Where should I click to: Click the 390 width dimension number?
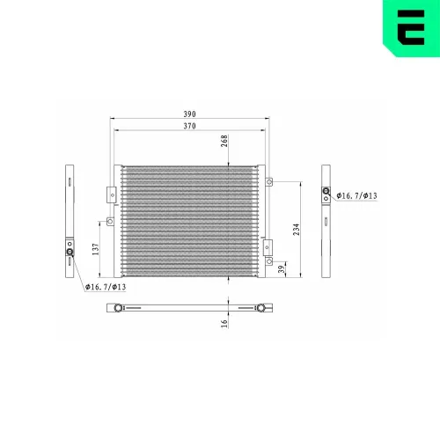pos(188,114)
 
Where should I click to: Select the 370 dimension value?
pos(188,127)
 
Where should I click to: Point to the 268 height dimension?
pos(225,143)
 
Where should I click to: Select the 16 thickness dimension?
pos(225,322)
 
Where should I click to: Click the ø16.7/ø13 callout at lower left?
pos(106,287)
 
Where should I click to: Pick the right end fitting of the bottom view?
pos(260,308)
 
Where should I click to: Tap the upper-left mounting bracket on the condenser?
pos(109,194)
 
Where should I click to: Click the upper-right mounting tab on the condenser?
pos(271,182)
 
